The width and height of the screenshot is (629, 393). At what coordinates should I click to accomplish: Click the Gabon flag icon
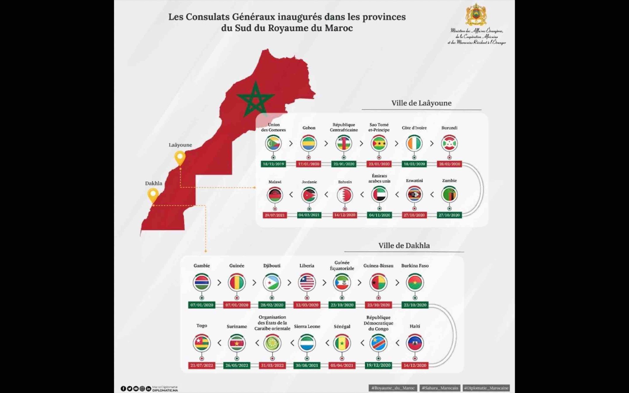tap(309, 143)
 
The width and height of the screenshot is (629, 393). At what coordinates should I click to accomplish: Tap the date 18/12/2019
tap(273, 164)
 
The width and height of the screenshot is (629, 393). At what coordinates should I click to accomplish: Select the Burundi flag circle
tap(449, 143)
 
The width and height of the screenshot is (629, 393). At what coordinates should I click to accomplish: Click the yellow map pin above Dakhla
tap(153, 195)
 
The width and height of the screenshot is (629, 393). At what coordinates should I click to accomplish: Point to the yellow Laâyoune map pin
tap(180, 158)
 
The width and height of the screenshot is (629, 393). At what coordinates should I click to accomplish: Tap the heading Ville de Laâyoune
tap(421, 103)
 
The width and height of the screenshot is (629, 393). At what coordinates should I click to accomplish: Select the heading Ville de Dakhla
tap(404, 246)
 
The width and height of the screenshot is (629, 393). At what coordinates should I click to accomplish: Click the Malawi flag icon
tap(275, 195)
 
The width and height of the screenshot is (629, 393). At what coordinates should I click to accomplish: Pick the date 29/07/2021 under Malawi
tap(275, 215)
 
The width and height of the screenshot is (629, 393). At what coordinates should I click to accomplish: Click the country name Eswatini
tap(414, 181)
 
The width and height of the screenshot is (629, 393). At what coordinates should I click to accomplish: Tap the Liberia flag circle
tap(307, 282)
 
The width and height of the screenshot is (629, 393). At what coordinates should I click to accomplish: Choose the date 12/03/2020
tap(307, 305)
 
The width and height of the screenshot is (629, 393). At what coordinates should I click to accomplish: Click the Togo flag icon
tap(202, 343)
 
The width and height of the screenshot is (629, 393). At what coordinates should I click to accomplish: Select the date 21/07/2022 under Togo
tap(202, 365)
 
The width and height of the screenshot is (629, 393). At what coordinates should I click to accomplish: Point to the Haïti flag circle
tap(415, 343)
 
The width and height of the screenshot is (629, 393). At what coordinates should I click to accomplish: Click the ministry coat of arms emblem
tap(476, 15)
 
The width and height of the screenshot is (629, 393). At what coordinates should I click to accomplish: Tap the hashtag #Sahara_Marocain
tap(440, 388)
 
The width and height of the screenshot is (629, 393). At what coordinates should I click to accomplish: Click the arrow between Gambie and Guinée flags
tap(219, 283)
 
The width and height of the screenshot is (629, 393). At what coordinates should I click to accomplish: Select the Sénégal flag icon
tap(342, 343)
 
